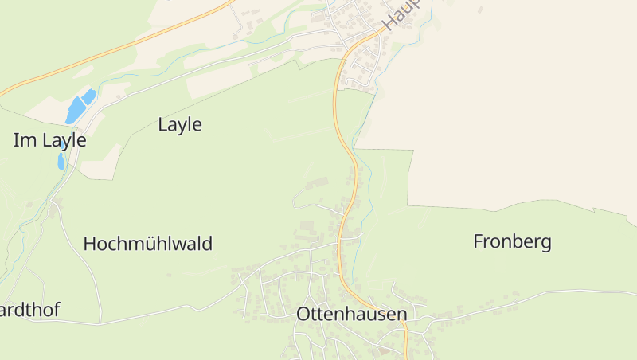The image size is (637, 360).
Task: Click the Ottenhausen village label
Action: click(x=351, y=314)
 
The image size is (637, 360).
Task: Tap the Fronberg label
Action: click(x=512, y=241)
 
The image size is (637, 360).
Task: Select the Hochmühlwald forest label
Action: click(x=147, y=244)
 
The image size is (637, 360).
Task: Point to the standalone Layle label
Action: click(x=180, y=124)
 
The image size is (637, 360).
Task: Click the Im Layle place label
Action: click(x=49, y=140)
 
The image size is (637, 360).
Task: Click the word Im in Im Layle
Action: click(x=22, y=140)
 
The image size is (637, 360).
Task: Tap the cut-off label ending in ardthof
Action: click(x=29, y=309)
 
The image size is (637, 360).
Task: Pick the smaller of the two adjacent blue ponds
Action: click(x=88, y=96)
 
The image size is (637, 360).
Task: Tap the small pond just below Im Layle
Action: click(x=61, y=162)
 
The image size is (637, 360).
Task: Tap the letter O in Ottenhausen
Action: click(x=303, y=314)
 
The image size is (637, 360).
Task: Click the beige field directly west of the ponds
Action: click(x=44, y=111)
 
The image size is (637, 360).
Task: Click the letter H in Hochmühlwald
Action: click(x=89, y=244)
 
